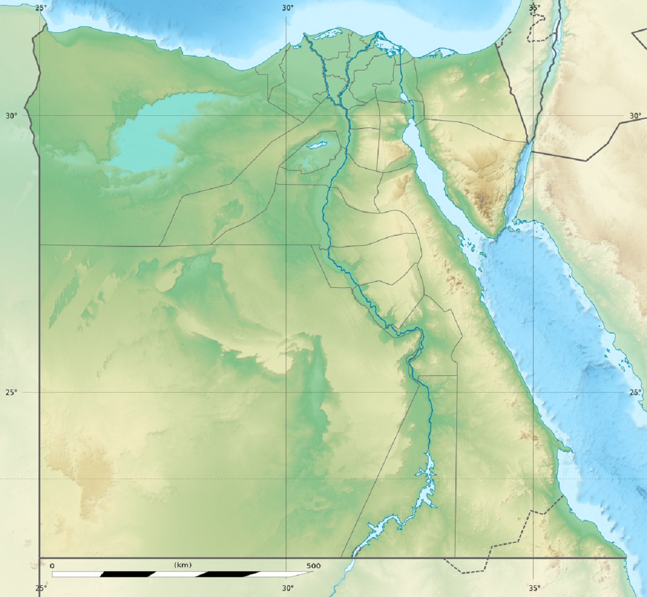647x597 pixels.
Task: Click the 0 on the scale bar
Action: click(52, 566)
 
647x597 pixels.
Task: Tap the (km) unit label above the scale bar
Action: click(182, 565)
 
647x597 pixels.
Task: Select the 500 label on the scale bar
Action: click(313, 566)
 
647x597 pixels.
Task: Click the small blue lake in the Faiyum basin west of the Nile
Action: click(317, 146)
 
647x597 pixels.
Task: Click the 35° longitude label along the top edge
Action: click(534, 8)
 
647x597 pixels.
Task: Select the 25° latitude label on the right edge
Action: click(635, 392)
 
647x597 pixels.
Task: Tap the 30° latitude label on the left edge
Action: click(11, 115)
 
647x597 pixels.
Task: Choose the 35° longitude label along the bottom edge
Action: click(534, 588)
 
